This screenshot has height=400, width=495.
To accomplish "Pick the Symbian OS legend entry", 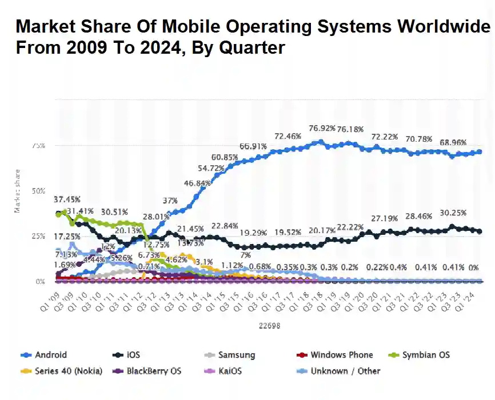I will coord(421,355).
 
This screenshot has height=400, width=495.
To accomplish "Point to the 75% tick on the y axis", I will coord(38,146).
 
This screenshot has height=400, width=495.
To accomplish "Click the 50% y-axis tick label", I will coord(38,191).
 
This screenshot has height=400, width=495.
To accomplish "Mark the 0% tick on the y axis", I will coord(40,282).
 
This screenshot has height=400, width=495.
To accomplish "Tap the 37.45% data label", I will coord(67,199).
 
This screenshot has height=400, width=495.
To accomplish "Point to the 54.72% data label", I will coord(211,169).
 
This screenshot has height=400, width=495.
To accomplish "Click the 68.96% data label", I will coord(453,142).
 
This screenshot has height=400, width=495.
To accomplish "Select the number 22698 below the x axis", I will coord(269,326).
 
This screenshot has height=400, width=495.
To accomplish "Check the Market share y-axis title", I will coord(18,191).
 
